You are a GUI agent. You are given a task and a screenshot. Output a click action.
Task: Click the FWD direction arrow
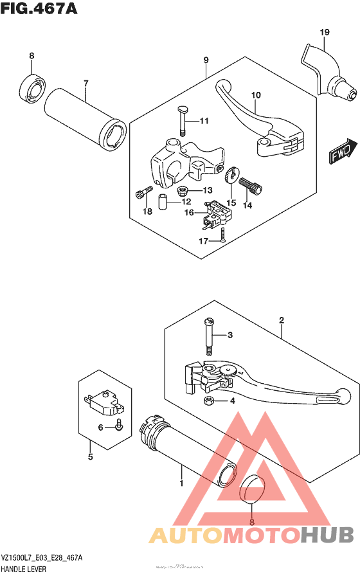pyautogui.click(x=343, y=151)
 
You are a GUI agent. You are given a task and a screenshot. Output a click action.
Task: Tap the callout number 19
pyautogui.click(x=325, y=32)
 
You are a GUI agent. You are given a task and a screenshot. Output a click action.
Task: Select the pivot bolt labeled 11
pyautogui.click(x=182, y=120)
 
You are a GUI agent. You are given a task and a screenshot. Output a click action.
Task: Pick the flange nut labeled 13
pyautogui.click(x=181, y=190)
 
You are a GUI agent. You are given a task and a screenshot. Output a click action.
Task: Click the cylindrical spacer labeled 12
pyautogui.click(x=163, y=203)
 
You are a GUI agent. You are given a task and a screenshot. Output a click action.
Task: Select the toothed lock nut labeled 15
pyautogui.click(x=231, y=175)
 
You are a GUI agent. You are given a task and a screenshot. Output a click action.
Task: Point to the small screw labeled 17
pyautogui.click(x=222, y=235)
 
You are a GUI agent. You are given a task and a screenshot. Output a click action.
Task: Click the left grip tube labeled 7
pyautogui.click(x=85, y=118)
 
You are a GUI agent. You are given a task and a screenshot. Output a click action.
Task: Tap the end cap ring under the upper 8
pyautogui.click(x=32, y=88)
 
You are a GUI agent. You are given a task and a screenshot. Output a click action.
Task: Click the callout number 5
pyautogui.click(x=91, y=457)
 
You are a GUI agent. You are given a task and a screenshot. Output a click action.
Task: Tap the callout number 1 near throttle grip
pyautogui.click(x=181, y=483)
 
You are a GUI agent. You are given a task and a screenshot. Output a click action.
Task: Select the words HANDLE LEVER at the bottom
pyautogui.click(x=24, y=570)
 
